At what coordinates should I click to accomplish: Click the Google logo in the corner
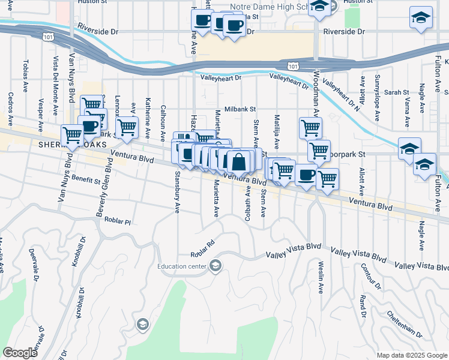pyautogui.click(x=20, y=353)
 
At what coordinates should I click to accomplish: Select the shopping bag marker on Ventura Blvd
pyautogui.click(x=238, y=162)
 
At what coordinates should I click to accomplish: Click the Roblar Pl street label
pyautogui.click(x=116, y=221)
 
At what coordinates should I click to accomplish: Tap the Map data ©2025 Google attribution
pyautogui.click(x=411, y=355)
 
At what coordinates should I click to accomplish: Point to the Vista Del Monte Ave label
pyautogui.click(x=56, y=79)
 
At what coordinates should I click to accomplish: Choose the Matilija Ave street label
pyautogui.click(x=277, y=132)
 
